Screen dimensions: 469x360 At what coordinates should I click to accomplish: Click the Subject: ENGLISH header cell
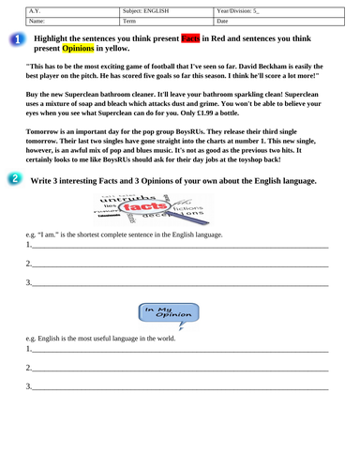tap(165, 9)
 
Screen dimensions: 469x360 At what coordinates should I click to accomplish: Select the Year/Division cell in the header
tap(272, 9)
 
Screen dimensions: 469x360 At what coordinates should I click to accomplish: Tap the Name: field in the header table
tap(60, 19)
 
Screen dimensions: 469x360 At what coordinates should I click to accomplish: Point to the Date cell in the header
tap(272, 19)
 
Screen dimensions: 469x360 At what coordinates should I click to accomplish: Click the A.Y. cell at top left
tap(60, 9)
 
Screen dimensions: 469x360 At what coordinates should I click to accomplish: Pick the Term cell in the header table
tap(165, 19)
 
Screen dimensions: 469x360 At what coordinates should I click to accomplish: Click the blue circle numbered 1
tap(18, 39)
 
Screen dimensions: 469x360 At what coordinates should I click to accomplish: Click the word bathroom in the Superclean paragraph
tap(126, 98)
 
